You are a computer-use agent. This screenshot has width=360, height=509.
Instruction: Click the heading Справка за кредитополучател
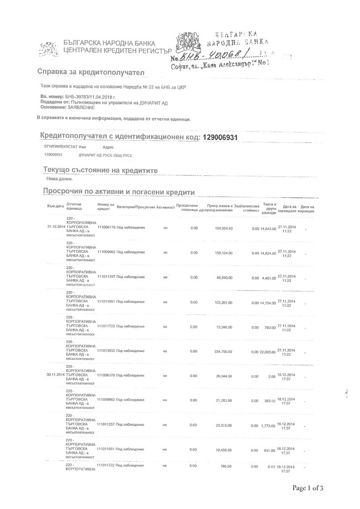tap(91, 72)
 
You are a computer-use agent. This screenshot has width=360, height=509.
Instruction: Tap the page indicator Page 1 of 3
tap(308, 488)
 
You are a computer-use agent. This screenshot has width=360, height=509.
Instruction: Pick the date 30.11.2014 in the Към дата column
tap(55, 375)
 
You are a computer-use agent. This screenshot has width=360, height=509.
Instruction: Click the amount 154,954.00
tap(224, 228)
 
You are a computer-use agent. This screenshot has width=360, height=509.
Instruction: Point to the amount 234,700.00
tap(224, 351)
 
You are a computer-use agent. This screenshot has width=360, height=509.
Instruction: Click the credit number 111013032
tap(106, 350)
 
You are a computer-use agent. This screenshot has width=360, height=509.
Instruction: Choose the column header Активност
tap(165, 207)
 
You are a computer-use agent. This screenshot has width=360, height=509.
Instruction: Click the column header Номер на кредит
tap(105, 207)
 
